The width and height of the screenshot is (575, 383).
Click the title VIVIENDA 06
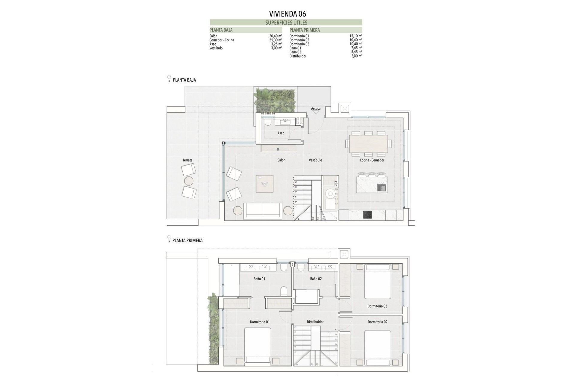point(287,14)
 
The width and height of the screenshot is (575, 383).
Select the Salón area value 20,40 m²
point(276,36)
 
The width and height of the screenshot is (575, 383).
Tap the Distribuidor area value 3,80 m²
point(356,56)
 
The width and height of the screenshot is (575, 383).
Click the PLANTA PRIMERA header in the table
point(305,30)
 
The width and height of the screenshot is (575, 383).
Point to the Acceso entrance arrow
point(316,112)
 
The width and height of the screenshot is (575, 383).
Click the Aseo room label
point(281,133)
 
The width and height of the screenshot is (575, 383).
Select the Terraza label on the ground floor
point(187,160)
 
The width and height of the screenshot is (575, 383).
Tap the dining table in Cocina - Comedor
point(368,144)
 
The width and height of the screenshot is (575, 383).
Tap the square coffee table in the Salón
point(265,183)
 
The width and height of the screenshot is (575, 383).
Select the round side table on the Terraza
point(189,181)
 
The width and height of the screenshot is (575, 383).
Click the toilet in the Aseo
point(268,121)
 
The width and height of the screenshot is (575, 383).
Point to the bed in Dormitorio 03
point(378,281)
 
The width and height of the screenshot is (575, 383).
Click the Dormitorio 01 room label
point(260,322)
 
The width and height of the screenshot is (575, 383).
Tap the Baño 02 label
point(316,279)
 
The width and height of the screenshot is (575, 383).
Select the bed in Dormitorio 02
point(378,348)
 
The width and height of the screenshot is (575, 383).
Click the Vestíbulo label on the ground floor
point(315,160)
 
